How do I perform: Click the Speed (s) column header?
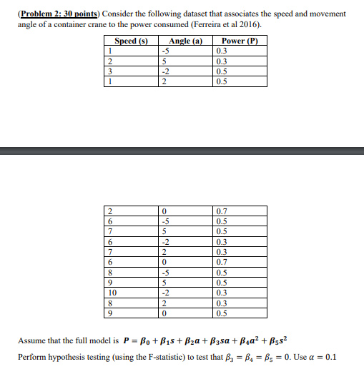pyautogui.click(x=131, y=41)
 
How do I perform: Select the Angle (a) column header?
pyautogui.click(x=185, y=41)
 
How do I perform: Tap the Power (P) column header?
pyautogui.click(x=240, y=41)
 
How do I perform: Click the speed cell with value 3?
pyautogui.click(x=110, y=71)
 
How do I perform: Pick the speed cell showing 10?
pyautogui.click(x=112, y=293)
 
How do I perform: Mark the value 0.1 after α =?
pyautogui.click(x=331, y=357)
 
